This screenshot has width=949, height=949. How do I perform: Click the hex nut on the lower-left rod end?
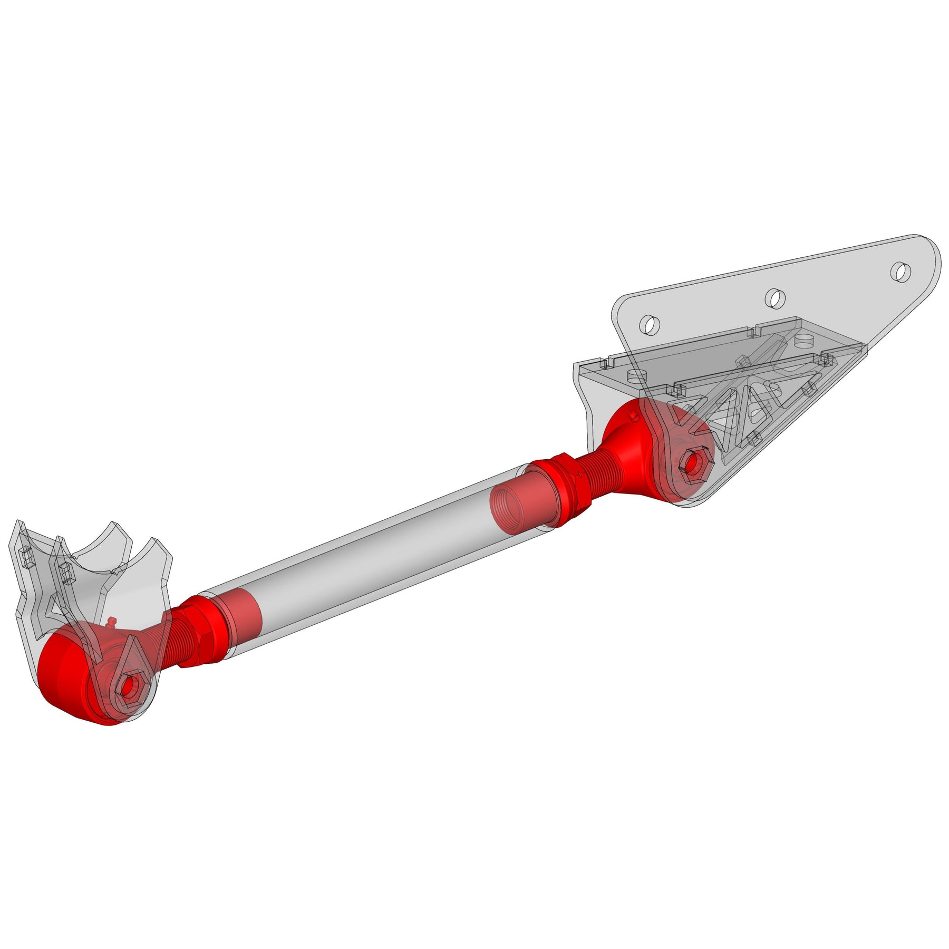pos(128,686)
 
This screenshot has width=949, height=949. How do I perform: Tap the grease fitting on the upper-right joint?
pos(634,417)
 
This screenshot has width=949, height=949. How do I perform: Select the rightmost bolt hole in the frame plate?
pos(900,272)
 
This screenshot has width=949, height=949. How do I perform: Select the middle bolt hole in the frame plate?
pos(774,298)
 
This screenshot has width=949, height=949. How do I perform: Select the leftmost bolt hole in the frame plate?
pos(650,324)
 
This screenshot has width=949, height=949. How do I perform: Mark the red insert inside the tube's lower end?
pos(240,614)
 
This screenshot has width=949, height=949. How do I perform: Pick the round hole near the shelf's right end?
pos(804,340)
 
